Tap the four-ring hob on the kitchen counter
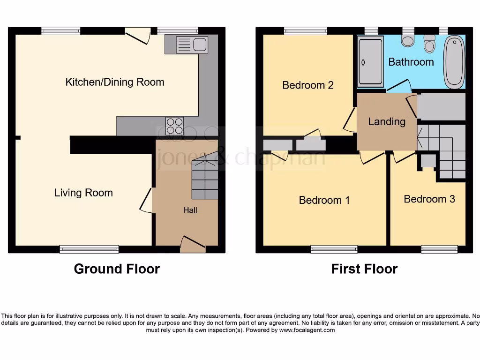175,126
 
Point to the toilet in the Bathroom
429,45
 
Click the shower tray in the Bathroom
370,63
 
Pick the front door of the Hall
193,244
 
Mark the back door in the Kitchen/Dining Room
137,35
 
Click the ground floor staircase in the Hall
205,178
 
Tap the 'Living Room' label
83,193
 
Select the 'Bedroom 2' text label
308,85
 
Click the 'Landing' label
387,121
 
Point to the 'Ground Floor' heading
117,269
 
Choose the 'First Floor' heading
364,269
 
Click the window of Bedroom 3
439,249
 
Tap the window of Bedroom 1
334,249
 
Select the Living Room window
89,249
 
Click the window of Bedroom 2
305,31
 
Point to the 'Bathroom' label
411,62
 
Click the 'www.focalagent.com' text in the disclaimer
307,330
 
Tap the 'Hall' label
190,210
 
